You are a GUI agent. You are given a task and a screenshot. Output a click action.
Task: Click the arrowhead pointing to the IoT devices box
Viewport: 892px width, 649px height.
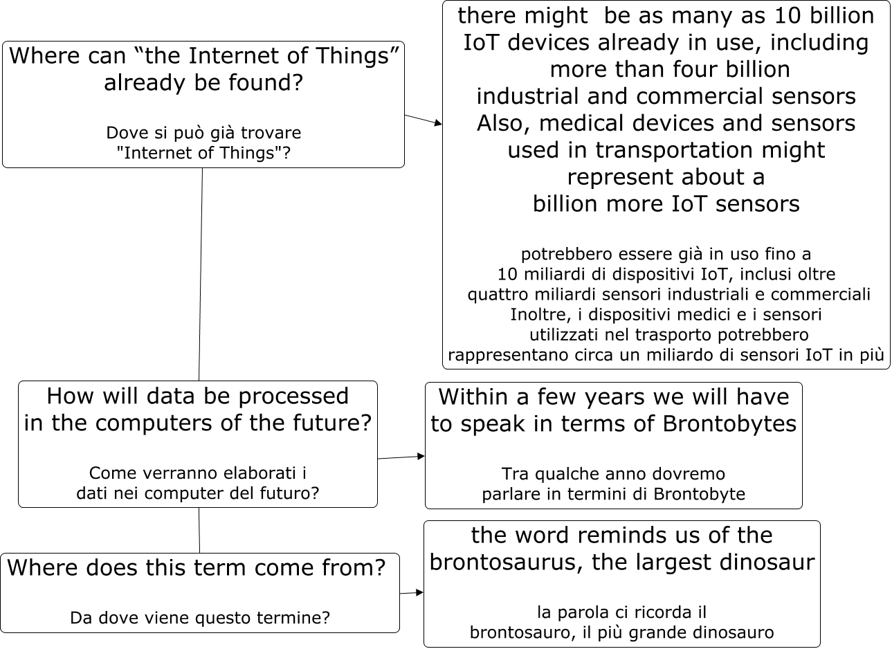[x=437, y=124]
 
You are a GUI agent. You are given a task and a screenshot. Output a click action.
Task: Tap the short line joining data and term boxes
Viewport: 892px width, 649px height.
[x=199, y=531]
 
